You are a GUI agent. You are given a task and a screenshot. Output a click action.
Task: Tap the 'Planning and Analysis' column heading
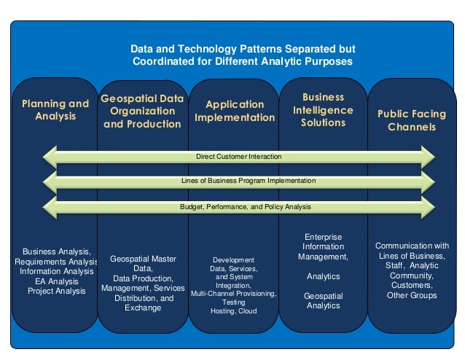click(x=55, y=109)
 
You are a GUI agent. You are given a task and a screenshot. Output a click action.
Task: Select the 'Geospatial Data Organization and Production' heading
click(x=142, y=111)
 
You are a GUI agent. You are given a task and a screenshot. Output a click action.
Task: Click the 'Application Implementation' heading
click(x=233, y=111)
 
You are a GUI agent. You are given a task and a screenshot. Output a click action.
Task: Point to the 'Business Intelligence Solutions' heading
click(x=323, y=109)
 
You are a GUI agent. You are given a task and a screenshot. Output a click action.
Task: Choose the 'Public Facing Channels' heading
click(x=412, y=120)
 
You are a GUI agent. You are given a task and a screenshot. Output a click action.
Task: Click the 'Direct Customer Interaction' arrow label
click(x=238, y=157)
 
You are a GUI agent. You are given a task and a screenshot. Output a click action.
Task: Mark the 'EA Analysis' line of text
click(x=56, y=281)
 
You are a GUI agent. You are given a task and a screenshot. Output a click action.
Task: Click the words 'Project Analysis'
click(x=56, y=291)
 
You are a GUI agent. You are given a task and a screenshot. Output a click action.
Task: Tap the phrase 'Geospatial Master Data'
click(x=142, y=263)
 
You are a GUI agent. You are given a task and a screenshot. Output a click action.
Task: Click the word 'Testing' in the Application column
click(x=233, y=302)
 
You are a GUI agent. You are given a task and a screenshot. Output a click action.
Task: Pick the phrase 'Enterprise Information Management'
click(x=323, y=247)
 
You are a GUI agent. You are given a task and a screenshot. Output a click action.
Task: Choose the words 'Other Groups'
click(x=412, y=295)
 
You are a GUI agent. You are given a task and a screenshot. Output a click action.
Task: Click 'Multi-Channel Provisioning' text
click(x=233, y=294)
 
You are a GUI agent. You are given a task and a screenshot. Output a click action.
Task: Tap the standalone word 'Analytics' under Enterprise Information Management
click(x=323, y=276)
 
